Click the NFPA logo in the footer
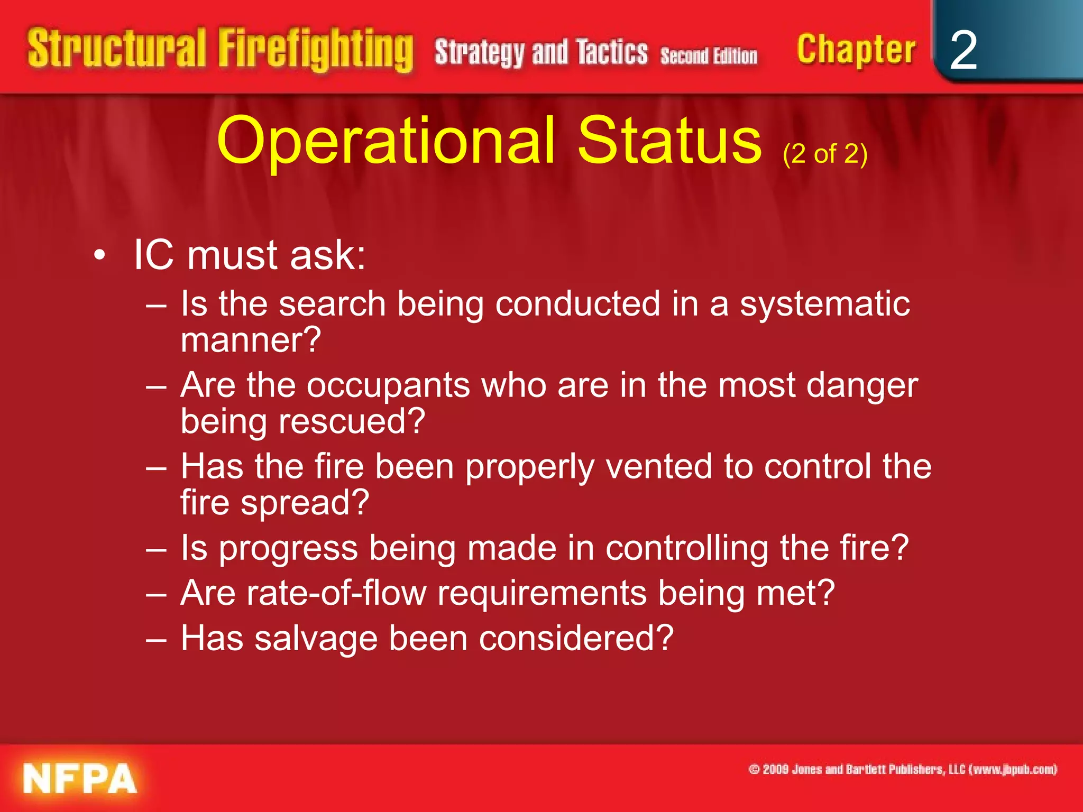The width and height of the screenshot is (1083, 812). pos(79,779)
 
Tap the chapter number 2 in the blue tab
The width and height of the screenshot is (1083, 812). pos(963,50)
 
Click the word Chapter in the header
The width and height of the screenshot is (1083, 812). pos(856,49)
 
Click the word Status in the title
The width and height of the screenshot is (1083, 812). pos(669,141)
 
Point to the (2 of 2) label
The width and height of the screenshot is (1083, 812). pos(825,154)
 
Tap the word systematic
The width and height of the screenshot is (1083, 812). pos(824,305)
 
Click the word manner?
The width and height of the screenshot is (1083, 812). pos(251,340)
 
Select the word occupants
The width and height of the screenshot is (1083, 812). pos(388,385)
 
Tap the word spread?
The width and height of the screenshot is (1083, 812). pos(305,502)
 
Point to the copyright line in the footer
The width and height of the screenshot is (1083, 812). pos(902,769)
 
